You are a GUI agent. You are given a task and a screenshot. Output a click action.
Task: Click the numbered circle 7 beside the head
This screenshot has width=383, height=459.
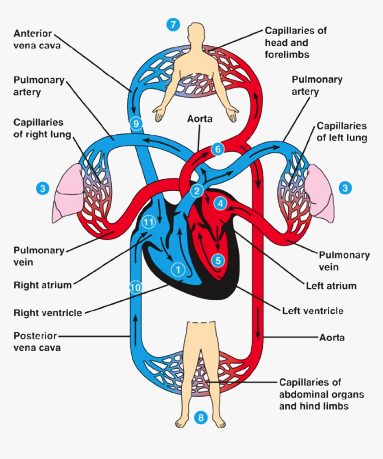173,24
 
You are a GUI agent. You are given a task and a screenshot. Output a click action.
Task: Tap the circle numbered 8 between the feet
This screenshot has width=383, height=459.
201,418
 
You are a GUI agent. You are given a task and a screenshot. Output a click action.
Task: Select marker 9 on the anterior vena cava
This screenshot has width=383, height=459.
136,124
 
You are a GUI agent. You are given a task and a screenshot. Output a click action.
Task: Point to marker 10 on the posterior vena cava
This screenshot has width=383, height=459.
135,287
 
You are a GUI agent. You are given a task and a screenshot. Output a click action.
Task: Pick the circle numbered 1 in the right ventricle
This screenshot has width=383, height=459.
178,269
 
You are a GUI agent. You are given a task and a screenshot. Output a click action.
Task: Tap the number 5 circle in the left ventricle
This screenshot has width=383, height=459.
218,260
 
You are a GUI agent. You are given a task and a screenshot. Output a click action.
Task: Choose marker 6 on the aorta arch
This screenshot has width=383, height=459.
217,149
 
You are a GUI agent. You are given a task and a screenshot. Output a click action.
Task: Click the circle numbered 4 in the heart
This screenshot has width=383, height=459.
220,203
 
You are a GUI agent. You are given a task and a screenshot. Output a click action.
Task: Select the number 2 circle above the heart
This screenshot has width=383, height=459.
196,191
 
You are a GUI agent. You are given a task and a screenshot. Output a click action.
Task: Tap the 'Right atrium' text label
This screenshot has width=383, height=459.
42,285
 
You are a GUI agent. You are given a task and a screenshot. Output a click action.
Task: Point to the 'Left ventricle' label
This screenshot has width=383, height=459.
313,310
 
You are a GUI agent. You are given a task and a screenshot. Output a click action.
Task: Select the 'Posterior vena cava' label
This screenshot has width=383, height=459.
37,341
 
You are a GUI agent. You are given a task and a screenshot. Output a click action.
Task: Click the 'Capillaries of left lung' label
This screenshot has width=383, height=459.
342,132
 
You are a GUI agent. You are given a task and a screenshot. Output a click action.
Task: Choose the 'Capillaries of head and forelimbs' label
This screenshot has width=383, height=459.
296,43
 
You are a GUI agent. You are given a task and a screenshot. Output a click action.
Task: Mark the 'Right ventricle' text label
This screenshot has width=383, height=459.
48,313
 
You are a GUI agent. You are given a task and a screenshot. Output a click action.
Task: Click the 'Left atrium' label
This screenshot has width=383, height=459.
331,286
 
